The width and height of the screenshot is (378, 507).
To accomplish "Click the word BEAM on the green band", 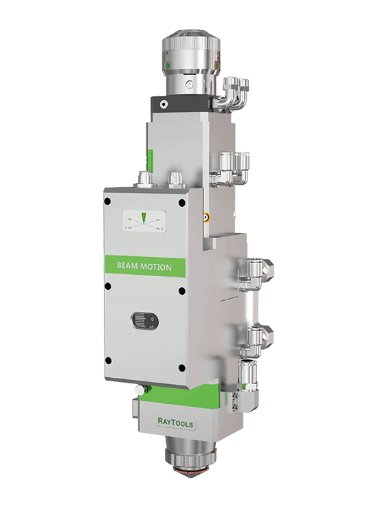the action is click(x=127, y=266).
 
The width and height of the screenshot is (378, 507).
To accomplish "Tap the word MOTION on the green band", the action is click(x=156, y=267).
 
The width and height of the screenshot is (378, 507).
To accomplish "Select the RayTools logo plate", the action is click(x=175, y=422).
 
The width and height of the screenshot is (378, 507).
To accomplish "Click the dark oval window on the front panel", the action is click(x=144, y=321).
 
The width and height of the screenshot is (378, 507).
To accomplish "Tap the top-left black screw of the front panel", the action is click(x=108, y=201).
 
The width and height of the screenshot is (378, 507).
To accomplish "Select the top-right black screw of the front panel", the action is click(x=182, y=203).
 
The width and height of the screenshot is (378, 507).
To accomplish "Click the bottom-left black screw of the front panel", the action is click(x=109, y=361).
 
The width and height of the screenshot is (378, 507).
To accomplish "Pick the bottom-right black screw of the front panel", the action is click(x=182, y=368).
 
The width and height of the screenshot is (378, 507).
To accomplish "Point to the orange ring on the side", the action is click(x=205, y=218).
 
